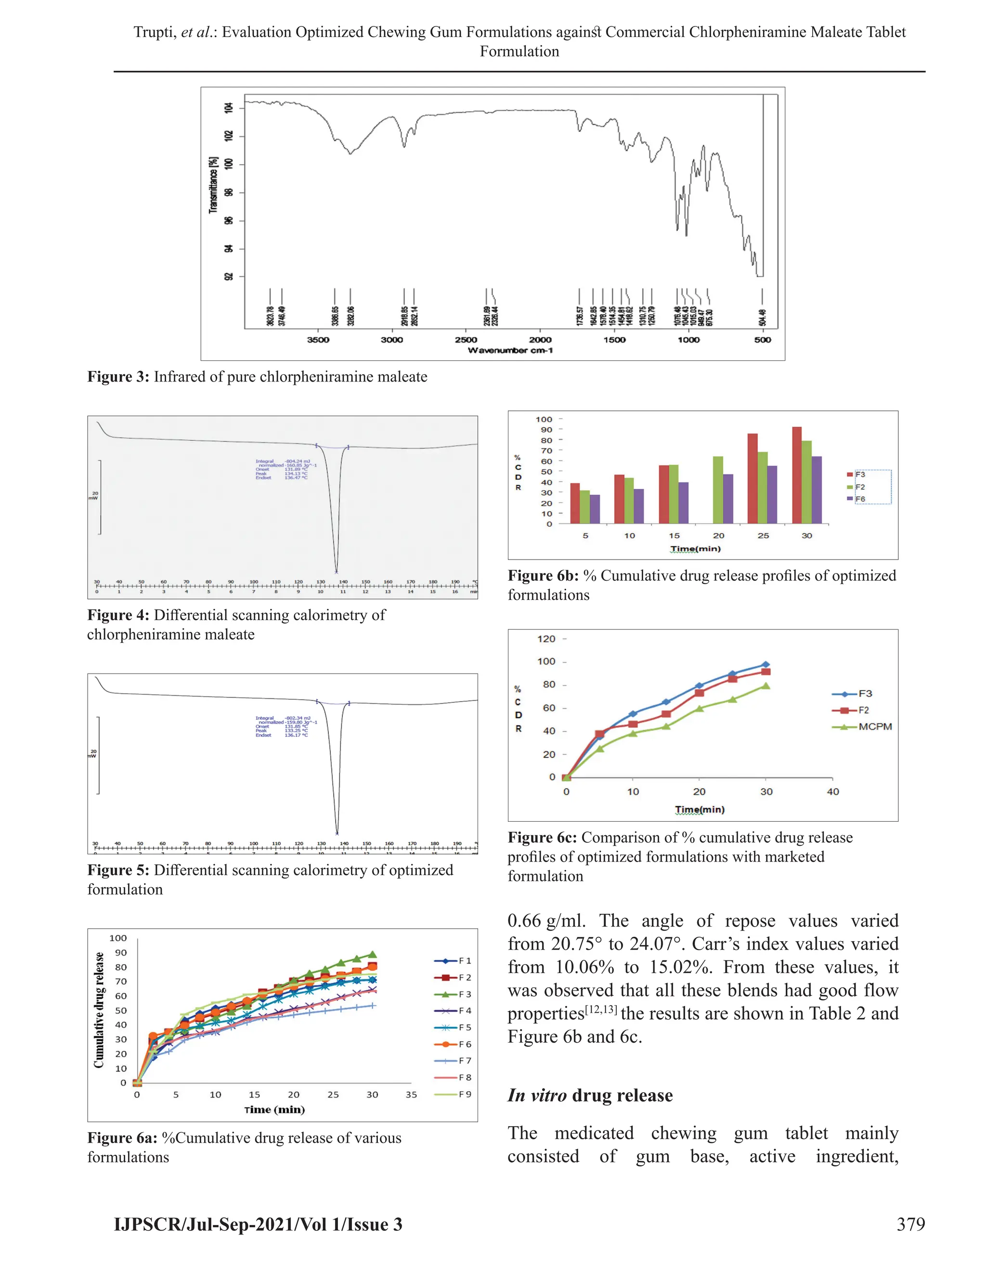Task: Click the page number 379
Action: click(910, 1224)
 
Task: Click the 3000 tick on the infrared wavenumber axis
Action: click(392, 340)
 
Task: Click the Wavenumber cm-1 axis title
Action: click(510, 350)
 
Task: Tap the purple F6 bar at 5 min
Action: click(595, 509)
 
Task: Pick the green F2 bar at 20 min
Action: click(718, 489)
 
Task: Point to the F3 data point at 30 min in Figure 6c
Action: click(766, 664)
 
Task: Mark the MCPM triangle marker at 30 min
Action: click(766, 686)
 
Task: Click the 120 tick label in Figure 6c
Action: click(546, 638)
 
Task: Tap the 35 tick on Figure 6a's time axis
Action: click(411, 1095)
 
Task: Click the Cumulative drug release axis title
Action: click(99, 1010)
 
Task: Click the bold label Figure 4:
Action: click(118, 615)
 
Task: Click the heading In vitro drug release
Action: click(590, 1095)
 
